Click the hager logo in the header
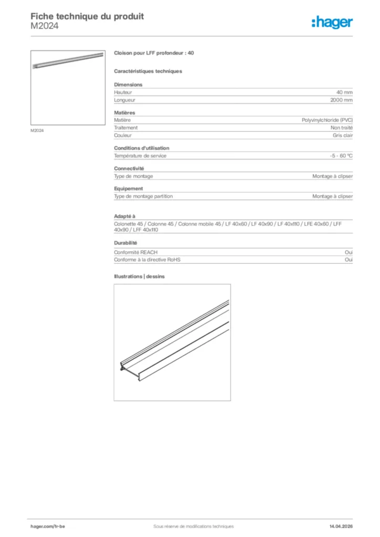coord(332,22)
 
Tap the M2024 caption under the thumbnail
coord(37,131)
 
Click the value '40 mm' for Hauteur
coord(344,92)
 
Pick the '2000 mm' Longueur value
coord(341,100)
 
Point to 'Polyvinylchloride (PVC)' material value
coord(327,120)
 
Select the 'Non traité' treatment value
coord(341,127)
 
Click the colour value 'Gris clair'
coord(342,135)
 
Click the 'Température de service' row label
coord(140,156)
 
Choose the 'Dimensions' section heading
coord(128,84)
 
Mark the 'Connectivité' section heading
coord(129,168)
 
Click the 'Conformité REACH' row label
coord(135,252)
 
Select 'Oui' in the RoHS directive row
coord(349,260)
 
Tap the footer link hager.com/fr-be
coord(48,526)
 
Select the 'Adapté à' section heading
coord(124,216)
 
